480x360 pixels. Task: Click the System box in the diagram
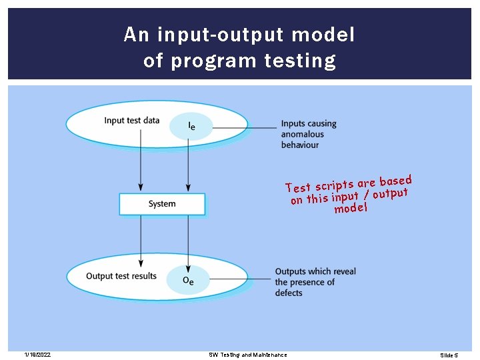tap(162, 204)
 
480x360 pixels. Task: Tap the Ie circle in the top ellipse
tap(191, 125)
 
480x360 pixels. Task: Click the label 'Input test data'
tap(132, 121)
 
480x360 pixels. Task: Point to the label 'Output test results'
tap(121, 276)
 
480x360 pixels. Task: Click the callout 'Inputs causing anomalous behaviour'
tap(308, 134)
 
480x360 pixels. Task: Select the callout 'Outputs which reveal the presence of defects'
tap(315, 282)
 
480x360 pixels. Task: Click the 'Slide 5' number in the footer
tap(449, 355)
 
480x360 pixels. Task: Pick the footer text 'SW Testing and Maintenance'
tap(247, 355)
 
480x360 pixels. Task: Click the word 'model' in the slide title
tap(324, 35)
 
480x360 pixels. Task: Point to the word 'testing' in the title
tap(300, 61)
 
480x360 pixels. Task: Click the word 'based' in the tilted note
tap(395, 181)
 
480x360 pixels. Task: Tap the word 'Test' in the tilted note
tap(298, 187)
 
